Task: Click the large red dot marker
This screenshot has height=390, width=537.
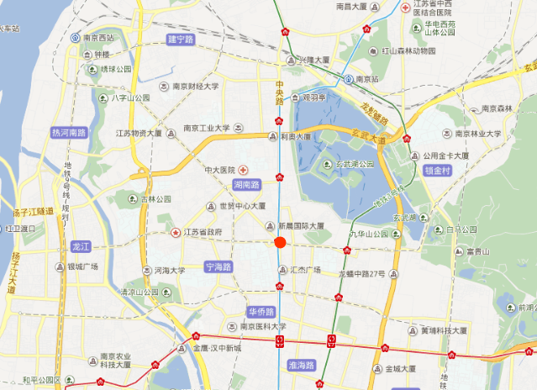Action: pyautogui.click(x=280, y=243)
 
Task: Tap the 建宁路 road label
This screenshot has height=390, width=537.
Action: pyautogui.click(x=181, y=40)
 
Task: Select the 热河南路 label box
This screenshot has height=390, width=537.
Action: pyautogui.click(x=69, y=133)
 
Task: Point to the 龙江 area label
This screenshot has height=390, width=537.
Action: pyautogui.click(x=82, y=246)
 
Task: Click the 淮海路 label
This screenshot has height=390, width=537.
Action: pyautogui.click(x=300, y=366)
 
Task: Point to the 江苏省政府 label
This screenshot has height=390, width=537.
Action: pyautogui.click(x=203, y=232)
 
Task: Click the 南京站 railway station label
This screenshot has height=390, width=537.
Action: pyautogui.click(x=367, y=80)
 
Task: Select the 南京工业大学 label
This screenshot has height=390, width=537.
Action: pyautogui.click(x=207, y=129)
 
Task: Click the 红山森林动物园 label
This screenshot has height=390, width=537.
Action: pyautogui.click(x=409, y=50)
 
